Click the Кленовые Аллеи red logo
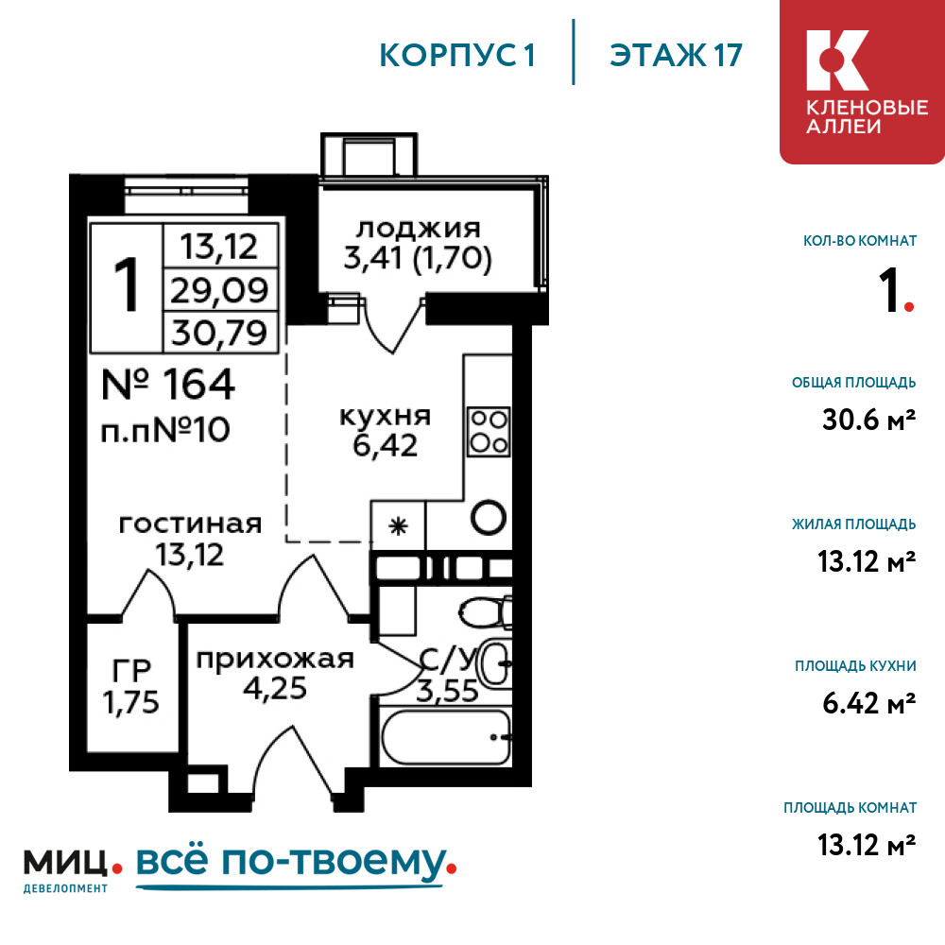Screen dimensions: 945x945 (862, 81)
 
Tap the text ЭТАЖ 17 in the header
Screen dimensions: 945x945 (676, 56)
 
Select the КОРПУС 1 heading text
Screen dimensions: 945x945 (456, 56)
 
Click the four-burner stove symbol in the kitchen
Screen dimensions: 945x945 (489, 431)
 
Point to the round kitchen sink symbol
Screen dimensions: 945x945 (489, 517)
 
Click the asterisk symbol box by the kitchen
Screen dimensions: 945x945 (398, 526)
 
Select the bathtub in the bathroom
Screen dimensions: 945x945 (446, 737)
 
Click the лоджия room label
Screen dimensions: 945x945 (419, 229)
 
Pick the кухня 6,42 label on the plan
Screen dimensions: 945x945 (386, 432)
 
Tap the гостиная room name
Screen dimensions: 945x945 (191, 524)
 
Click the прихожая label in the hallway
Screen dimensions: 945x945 (275, 660)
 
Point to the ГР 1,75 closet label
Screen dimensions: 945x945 (130, 687)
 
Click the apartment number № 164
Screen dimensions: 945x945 (168, 384)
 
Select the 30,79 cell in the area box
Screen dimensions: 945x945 (220, 332)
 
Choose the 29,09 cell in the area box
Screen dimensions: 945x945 (220, 290)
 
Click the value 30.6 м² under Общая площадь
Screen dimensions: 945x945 (869, 420)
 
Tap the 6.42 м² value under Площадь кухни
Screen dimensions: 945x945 (869, 703)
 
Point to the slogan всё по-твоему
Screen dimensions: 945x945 (295, 865)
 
